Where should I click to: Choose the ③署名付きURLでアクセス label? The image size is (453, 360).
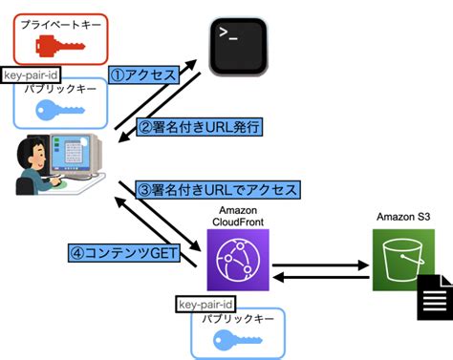tap(219, 188)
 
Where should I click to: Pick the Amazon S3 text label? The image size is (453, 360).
tap(404, 218)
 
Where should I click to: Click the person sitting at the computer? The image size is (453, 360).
tap(29, 167)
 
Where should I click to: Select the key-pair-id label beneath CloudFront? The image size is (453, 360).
tap(205, 303)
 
